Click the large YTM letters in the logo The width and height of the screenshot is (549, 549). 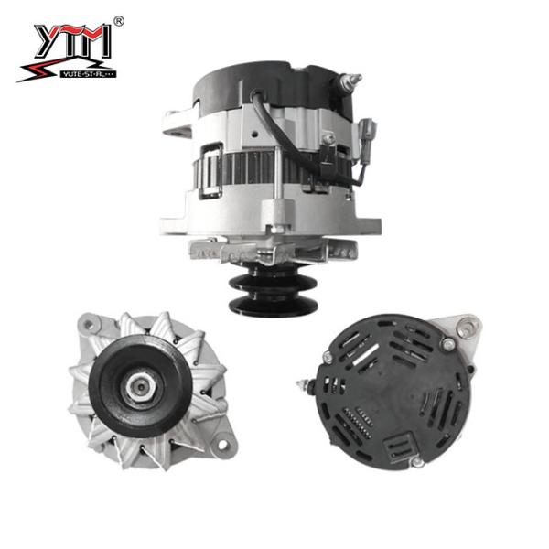[72, 41]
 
